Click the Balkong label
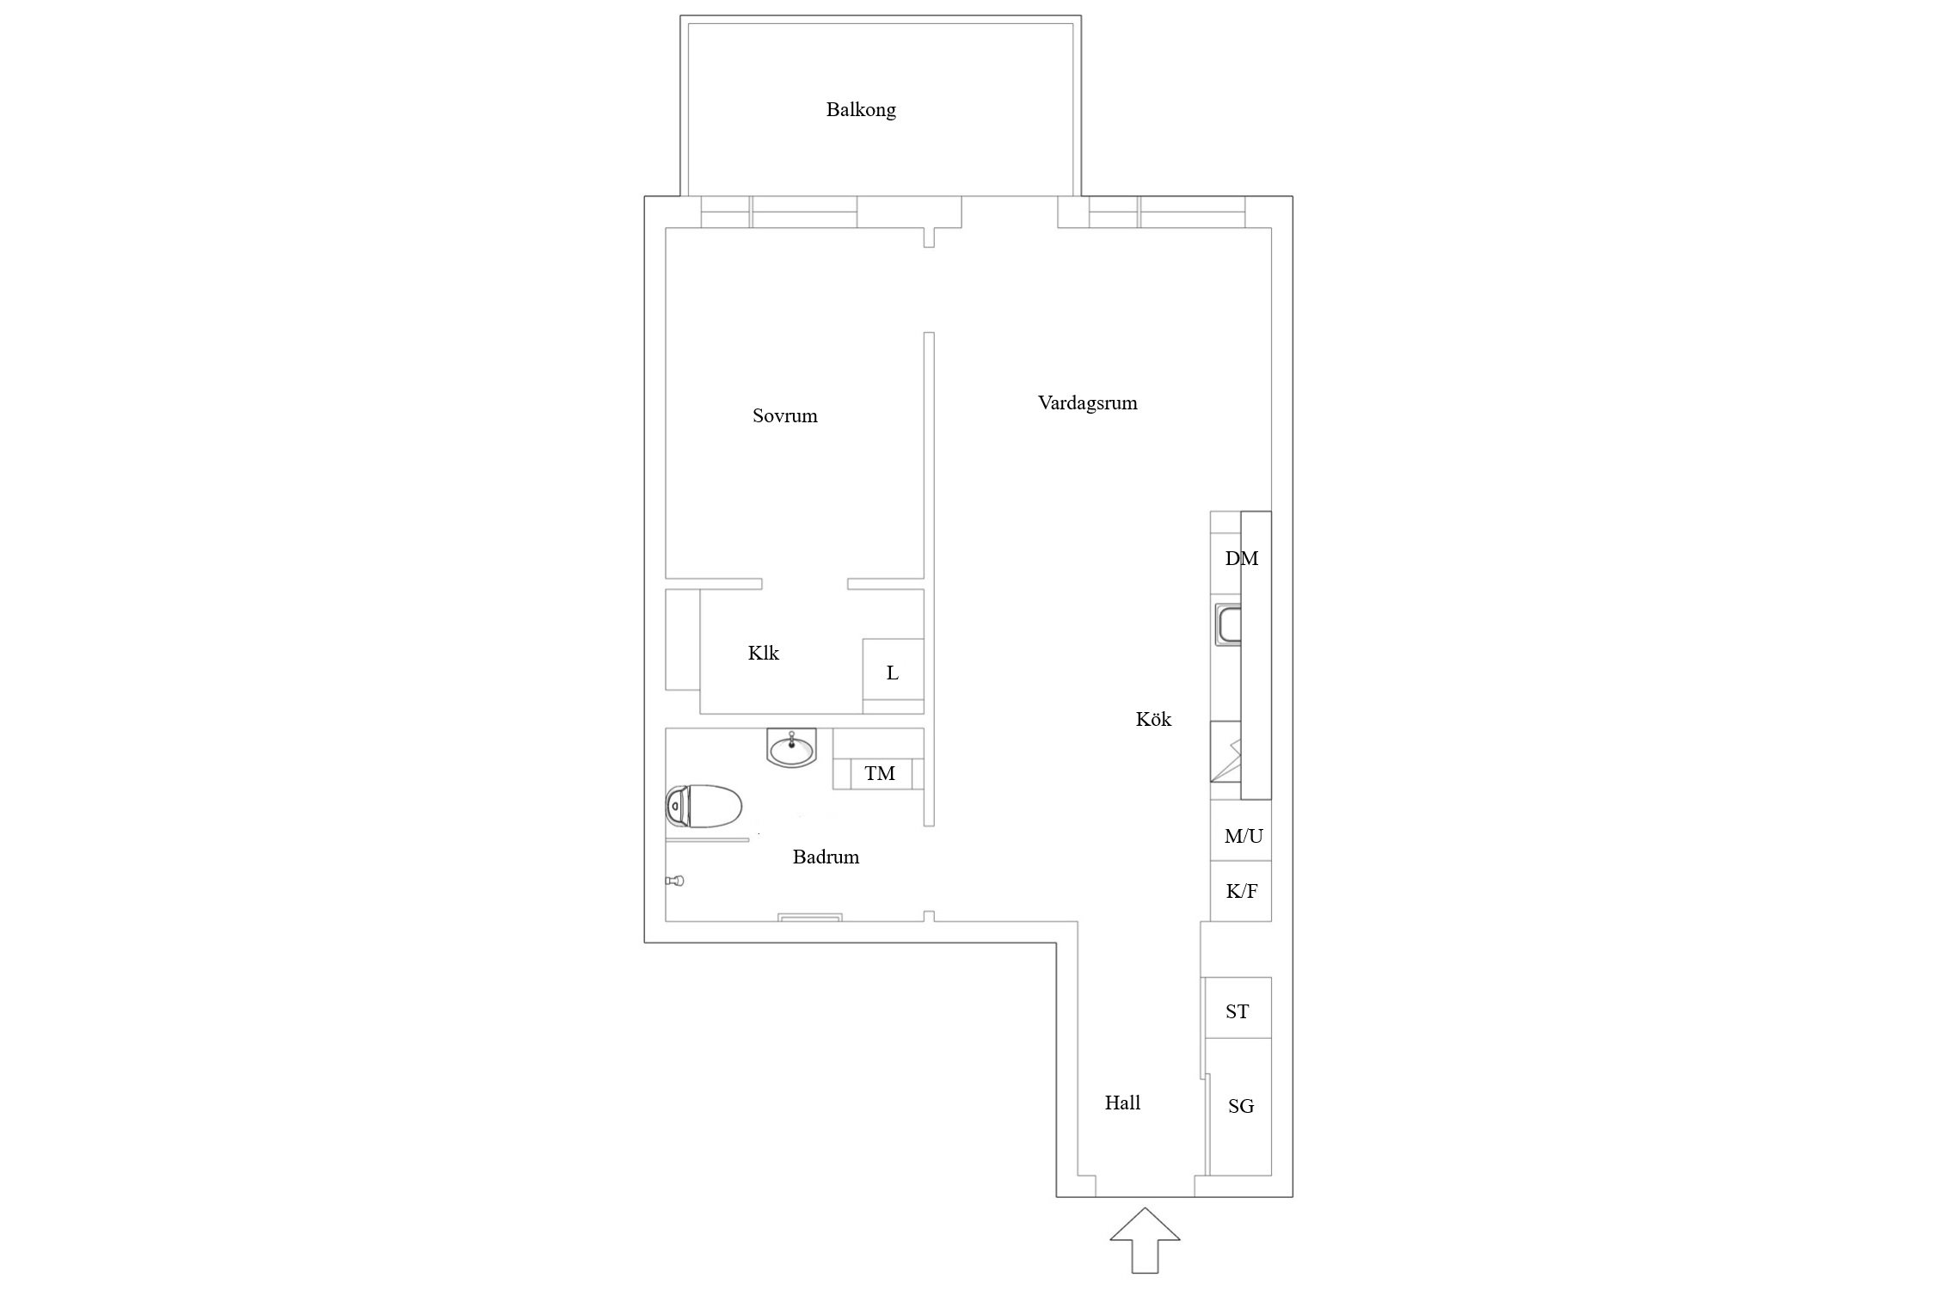coord(861,110)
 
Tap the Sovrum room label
coord(784,416)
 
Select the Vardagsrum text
coord(1087,403)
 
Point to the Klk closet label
coord(763,654)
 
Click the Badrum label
coord(826,857)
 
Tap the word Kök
coord(1153,719)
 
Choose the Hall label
coord(1122,1103)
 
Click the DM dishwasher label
coord(1241,559)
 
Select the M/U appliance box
coord(1241,831)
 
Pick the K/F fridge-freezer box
coord(1241,892)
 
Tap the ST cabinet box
coord(1238,1007)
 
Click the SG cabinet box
coord(1239,1106)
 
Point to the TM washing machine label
coord(879,774)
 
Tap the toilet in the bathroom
coord(703,807)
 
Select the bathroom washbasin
coord(791,748)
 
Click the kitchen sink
coord(1227,624)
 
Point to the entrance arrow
coord(1145,1240)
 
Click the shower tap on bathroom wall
coord(675,881)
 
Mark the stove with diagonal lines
coord(1226,752)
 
